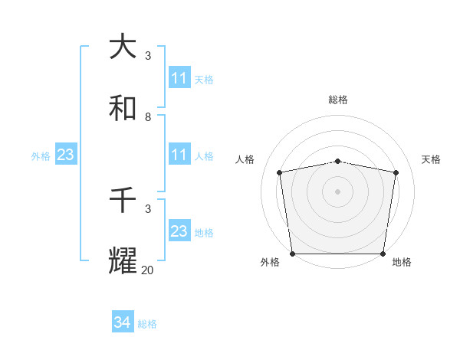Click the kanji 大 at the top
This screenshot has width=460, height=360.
(123, 47)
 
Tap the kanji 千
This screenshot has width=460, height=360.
(123, 200)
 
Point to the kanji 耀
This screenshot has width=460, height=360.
(123, 260)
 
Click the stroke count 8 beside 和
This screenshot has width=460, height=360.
(148, 117)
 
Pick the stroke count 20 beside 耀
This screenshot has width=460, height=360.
(148, 270)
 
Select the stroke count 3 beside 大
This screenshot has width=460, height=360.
(148, 56)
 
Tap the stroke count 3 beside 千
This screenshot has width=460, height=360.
(148, 208)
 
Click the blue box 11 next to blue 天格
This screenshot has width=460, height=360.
(179, 78)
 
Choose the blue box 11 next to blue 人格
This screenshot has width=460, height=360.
(179, 155)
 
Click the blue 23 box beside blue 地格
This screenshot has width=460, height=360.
(179, 231)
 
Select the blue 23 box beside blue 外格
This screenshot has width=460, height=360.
(66, 155)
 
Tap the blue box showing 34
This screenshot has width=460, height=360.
(123, 323)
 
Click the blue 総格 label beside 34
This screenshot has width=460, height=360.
(147, 324)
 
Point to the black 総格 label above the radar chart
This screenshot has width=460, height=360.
(338, 100)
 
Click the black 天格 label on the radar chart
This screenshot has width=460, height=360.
(431, 159)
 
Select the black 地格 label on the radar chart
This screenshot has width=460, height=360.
(402, 262)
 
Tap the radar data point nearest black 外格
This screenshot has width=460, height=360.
(292, 254)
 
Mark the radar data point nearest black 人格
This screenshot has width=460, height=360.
(280, 172)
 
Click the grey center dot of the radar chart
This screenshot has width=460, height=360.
(338, 191)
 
